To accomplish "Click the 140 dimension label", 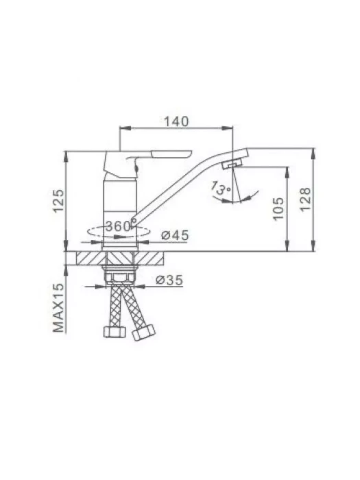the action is (x=177, y=121).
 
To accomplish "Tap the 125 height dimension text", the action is (x=59, y=201).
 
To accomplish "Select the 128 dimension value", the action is (x=305, y=200).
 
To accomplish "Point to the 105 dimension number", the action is (x=278, y=209).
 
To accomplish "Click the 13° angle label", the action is (x=221, y=188).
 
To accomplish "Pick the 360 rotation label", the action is (x=119, y=226).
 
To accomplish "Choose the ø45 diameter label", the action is (x=175, y=235).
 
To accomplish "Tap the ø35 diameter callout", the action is (x=169, y=280).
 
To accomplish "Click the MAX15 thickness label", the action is (x=59, y=308).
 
